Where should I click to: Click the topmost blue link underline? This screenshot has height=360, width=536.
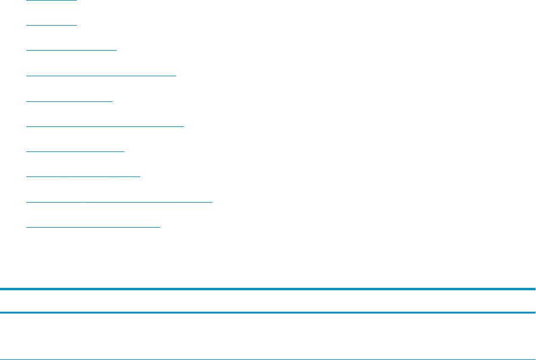point(52,0)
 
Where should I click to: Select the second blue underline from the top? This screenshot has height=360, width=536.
point(52,25)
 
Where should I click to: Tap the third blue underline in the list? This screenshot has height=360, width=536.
point(71,50)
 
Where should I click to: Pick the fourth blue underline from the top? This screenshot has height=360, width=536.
point(101,75)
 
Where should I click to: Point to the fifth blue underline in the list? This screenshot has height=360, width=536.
point(69,101)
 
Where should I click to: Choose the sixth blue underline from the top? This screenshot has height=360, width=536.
point(105,126)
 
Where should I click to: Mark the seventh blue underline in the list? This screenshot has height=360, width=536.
point(75,151)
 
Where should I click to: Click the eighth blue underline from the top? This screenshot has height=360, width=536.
point(83,176)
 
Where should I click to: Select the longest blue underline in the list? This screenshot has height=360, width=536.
point(119,201)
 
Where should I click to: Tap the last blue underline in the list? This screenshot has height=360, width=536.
point(94,226)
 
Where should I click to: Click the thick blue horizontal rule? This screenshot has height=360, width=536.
point(268,290)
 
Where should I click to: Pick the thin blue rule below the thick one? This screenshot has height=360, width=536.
point(268,312)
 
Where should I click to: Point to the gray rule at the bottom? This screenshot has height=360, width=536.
point(268,359)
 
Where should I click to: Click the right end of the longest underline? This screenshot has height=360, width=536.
point(211,201)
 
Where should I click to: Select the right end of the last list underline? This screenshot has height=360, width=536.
point(160,226)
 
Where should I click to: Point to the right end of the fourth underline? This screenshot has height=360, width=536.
point(176,75)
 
